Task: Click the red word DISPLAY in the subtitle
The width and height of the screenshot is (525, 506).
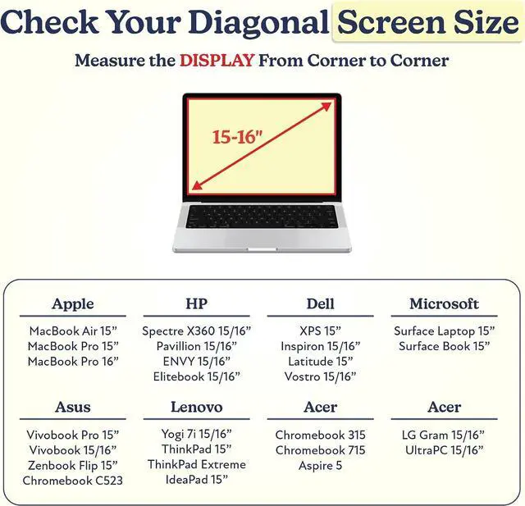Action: tap(217, 61)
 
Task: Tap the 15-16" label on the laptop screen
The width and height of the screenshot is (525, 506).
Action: tap(237, 137)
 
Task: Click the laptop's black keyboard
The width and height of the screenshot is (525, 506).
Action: tap(262, 217)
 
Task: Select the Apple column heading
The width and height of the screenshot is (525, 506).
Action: tap(73, 304)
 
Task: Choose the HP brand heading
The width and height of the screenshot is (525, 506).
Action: tap(197, 303)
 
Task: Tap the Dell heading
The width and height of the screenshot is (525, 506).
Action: tap(321, 303)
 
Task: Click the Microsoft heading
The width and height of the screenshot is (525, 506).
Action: tap(444, 303)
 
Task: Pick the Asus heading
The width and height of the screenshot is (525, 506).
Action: tap(73, 407)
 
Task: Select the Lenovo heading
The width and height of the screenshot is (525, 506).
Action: tap(197, 407)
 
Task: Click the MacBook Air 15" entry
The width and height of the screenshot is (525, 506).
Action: tap(73, 331)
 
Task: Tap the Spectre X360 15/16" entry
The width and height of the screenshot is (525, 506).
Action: tap(197, 331)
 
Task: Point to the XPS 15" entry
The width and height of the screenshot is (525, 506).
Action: tap(320, 331)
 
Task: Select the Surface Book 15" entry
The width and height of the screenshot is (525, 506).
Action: tap(444, 346)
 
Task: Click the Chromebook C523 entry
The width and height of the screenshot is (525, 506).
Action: tap(73, 481)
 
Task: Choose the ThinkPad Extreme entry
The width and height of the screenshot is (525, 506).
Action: tap(197, 464)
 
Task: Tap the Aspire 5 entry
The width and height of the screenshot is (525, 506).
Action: tap(320, 466)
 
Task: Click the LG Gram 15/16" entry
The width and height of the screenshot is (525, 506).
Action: tap(443, 435)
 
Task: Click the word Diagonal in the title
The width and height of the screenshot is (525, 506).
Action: tap(258, 22)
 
